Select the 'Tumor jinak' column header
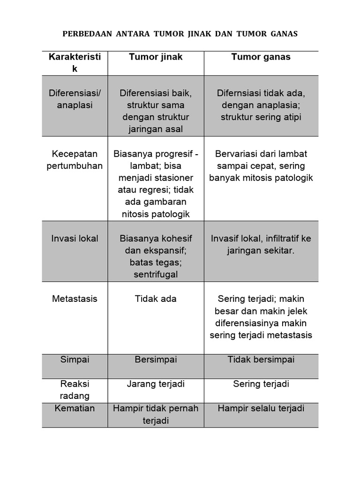coord(156,57)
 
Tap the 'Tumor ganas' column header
coord(261,57)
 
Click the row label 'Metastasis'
coord(75,299)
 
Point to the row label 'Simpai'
coord(75,360)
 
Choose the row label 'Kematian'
coord(75,408)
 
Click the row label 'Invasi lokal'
coord(75,238)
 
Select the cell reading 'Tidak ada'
coord(156,299)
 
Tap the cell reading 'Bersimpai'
coord(156,360)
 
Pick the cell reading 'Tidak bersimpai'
coord(261,360)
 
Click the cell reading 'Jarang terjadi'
coord(156,384)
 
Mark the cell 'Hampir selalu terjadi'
coord(261,408)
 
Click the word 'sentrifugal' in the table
coord(156,275)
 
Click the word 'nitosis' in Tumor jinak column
coord(137,215)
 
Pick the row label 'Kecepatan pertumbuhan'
coord(75,160)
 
